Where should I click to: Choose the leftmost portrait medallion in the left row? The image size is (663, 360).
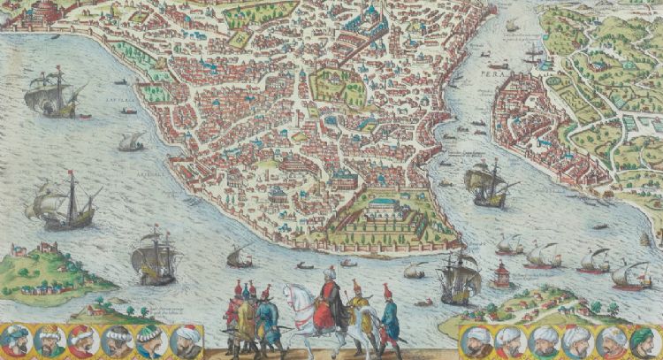[16, 339]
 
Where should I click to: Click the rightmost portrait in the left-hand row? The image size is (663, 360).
[184, 339]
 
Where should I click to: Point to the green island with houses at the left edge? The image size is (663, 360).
[53, 265]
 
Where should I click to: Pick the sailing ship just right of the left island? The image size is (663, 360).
[155, 257]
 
